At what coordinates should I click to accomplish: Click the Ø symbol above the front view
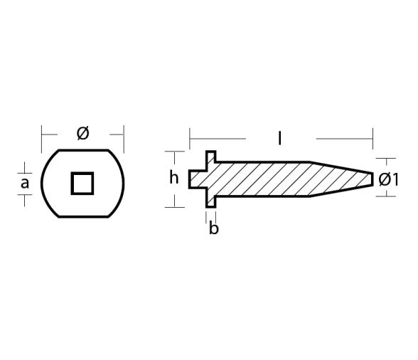(82, 133)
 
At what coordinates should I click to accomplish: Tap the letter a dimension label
(25, 184)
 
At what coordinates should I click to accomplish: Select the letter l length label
(279, 138)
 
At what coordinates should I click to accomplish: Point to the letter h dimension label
(173, 178)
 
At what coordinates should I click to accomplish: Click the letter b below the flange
(214, 229)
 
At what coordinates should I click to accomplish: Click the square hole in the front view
(82, 183)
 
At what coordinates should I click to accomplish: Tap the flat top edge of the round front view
(82, 151)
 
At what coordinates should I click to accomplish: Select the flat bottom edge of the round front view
(82, 216)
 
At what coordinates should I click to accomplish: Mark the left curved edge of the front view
(43, 183)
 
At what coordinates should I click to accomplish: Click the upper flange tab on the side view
(211, 158)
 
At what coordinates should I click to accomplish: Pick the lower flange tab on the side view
(211, 201)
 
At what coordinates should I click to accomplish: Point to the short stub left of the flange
(196, 179)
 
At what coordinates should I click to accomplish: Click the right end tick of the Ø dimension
(124, 133)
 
